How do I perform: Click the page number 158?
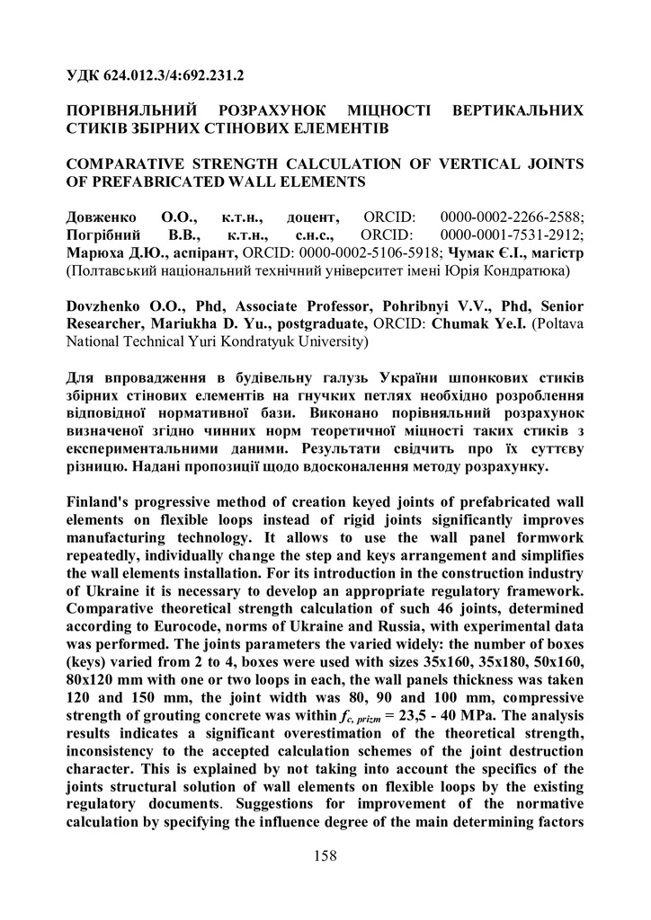pyautogui.click(x=325, y=856)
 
